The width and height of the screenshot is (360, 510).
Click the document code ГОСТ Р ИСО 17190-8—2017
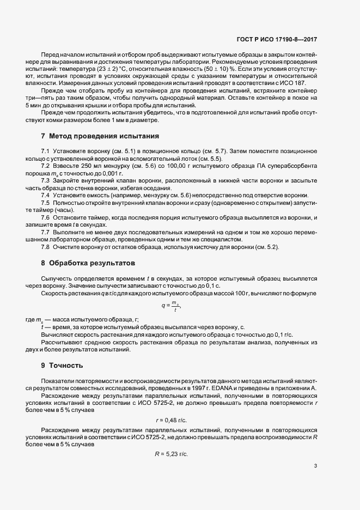click(x=284, y=39)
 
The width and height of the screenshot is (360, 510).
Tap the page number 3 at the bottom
click(x=316, y=466)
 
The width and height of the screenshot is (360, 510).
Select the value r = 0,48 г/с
click(x=172, y=420)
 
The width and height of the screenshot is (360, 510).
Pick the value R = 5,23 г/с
click(x=172, y=454)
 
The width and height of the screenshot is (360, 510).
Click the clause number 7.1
click(x=46, y=150)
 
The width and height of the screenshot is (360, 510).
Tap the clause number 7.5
click(x=46, y=203)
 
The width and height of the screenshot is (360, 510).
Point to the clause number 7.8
click(x=46, y=248)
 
